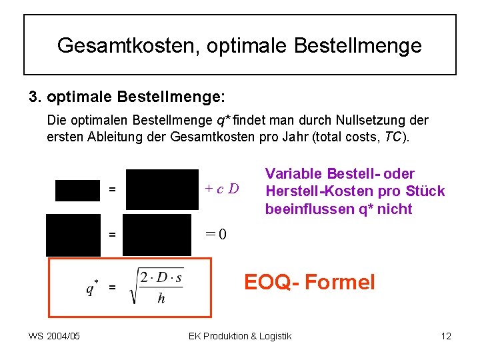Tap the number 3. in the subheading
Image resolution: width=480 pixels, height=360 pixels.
coord(35,97)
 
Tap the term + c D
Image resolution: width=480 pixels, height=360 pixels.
coord(223,189)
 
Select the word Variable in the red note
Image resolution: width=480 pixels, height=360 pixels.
coord(290,173)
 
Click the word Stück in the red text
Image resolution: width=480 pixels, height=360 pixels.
coord(427,191)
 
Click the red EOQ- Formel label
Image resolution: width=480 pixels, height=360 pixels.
coord(309,282)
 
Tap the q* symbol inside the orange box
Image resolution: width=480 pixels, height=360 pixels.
coord(92,287)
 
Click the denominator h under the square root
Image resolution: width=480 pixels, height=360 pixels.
coord(161,299)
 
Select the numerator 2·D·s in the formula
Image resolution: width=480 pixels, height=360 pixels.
coord(161,278)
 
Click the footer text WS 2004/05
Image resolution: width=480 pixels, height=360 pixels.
coord(54,336)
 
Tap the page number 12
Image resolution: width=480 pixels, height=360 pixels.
coord(446,336)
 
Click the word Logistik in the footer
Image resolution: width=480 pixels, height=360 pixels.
coord(274,336)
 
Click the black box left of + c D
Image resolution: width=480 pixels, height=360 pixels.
coord(162,190)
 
